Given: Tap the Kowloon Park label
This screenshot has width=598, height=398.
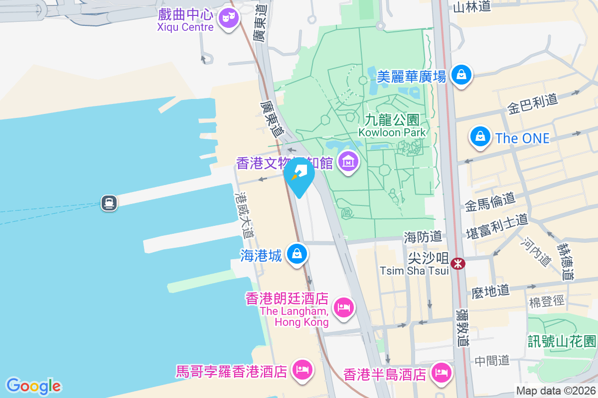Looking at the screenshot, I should click(392, 126).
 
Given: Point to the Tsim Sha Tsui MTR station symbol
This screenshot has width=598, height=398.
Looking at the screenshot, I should click(457, 263).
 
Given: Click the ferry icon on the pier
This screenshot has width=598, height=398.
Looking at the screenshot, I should click(109, 203).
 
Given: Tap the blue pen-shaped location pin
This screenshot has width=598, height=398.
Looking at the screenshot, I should click(299, 176).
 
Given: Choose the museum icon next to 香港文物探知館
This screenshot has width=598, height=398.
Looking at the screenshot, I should click(349, 161).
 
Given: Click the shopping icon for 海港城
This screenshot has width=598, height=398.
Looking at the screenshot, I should click(298, 254).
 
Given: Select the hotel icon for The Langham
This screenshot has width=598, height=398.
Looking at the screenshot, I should click(343, 307).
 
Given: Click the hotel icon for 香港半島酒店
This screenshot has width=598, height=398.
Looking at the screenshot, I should click(441, 372).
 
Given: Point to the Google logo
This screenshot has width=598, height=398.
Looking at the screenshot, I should click(33, 386).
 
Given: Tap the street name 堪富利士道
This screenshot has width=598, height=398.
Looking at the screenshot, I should click(496, 226).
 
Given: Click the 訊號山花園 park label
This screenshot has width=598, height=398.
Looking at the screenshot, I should click(562, 341).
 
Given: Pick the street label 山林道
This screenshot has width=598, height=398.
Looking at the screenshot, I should click(472, 6).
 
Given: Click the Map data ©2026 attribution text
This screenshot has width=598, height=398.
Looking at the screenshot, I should click(555, 391).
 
